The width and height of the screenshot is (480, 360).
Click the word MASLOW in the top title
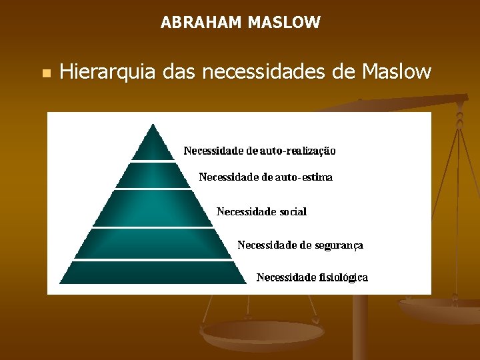pos(284,23)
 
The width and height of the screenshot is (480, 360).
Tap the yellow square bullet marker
pos(45,72)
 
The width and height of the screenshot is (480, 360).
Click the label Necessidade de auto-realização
pos(259,151)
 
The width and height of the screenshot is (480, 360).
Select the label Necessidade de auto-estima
pos(265,177)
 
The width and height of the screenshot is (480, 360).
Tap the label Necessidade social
pos(261,211)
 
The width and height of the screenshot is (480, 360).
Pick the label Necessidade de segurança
pos(300,245)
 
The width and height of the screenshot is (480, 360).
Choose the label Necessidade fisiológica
pos(312,277)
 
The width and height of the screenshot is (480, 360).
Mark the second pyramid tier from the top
pos(153,175)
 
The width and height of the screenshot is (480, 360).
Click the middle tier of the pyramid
pos(153,209)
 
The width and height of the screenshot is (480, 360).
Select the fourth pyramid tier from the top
pos(153,243)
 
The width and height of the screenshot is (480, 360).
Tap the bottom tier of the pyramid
pos(153,272)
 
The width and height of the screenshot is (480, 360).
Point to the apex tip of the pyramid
pos(153,125)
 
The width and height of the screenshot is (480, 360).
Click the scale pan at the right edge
pos(440,310)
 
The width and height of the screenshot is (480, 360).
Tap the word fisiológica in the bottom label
pos(343,277)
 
